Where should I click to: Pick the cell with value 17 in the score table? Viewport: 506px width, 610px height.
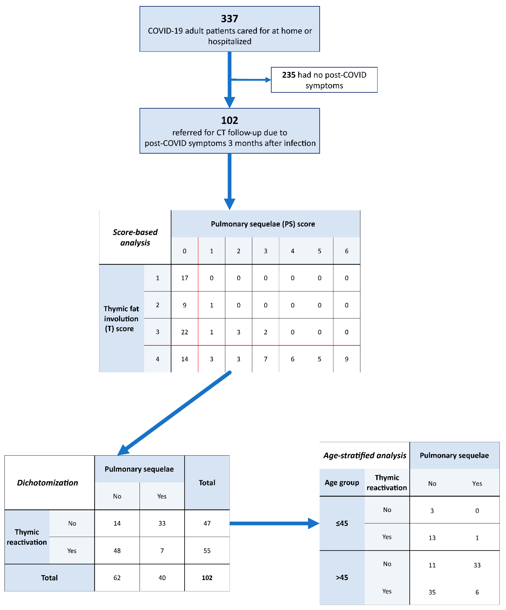pos(185,278)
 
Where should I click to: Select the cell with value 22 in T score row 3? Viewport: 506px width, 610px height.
pos(185,332)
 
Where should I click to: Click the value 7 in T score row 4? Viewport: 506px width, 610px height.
pos(265,359)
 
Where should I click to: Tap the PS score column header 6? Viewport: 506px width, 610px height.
pos(346,251)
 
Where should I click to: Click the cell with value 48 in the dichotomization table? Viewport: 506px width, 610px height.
pos(117,551)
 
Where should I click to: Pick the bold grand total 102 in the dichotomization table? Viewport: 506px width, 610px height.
pos(207,578)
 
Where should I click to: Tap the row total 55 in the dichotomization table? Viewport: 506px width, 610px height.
pos(207,551)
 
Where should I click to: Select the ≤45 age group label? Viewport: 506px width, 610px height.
pos(342,523)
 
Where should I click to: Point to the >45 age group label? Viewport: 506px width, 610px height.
pos(342,578)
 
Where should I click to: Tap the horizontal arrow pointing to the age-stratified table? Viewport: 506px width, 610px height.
pos(273,523)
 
